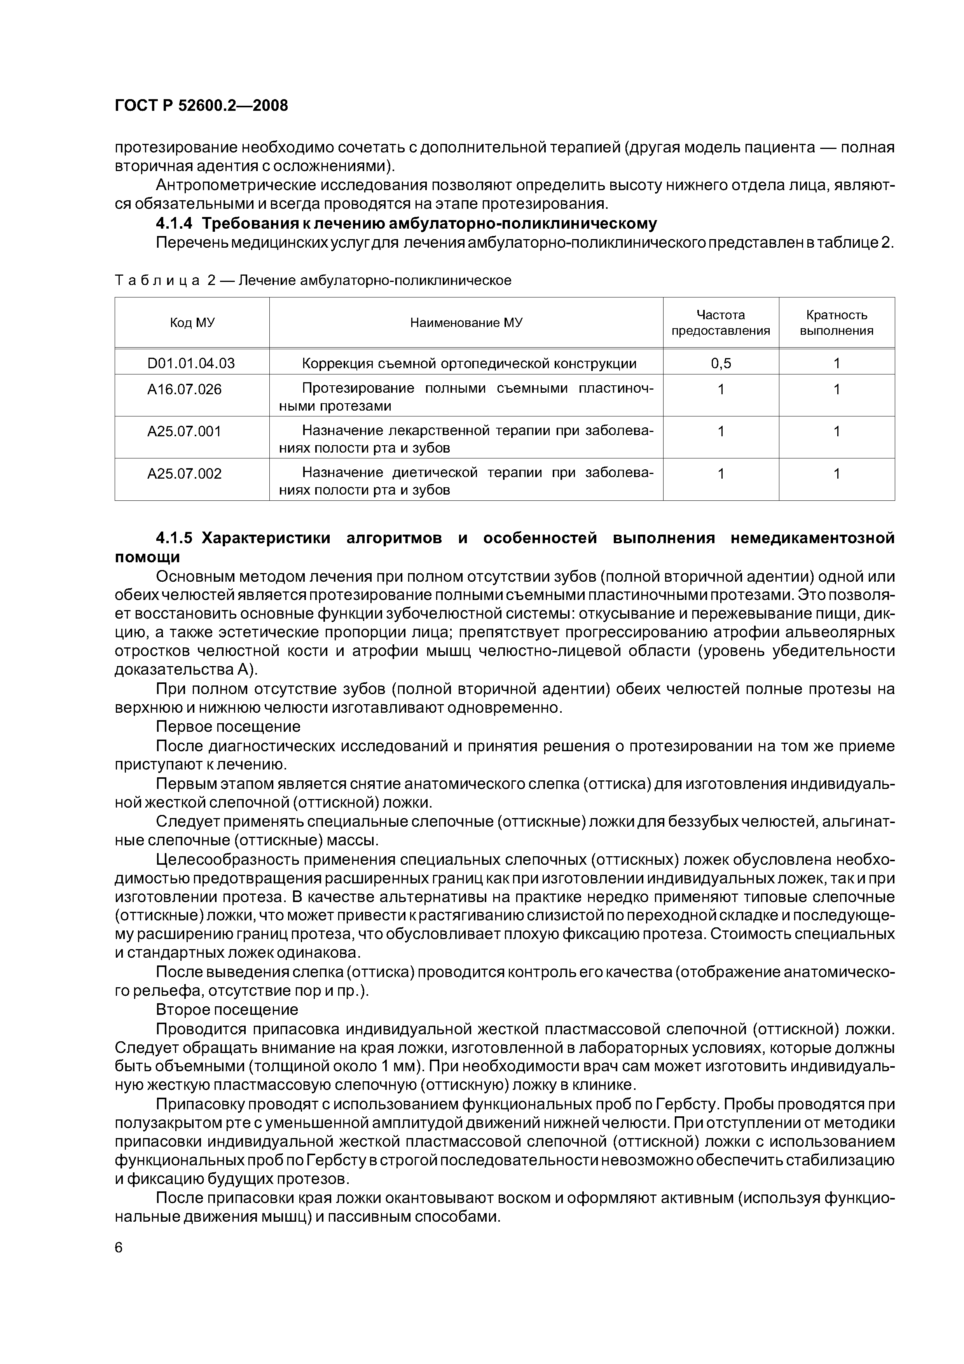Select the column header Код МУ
(x=192, y=323)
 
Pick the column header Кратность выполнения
(x=836, y=323)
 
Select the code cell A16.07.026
(x=184, y=390)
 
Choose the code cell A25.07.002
(x=184, y=474)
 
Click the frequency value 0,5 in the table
(x=721, y=363)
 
